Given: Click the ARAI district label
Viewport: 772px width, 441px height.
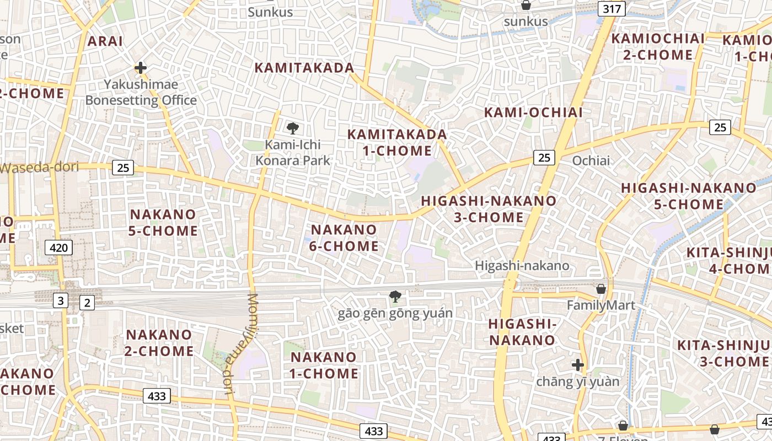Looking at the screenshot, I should click(x=105, y=41).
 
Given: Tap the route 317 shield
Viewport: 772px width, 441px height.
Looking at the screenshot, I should click(x=613, y=8).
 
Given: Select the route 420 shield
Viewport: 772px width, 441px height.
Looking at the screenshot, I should click(x=58, y=248).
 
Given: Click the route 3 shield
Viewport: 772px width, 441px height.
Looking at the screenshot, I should click(x=60, y=301).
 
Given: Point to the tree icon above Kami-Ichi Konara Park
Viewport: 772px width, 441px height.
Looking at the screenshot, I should click(x=293, y=129).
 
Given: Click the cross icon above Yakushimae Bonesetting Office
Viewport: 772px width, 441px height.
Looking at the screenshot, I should click(x=141, y=68).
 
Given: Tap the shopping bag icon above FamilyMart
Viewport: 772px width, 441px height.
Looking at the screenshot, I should click(x=601, y=289).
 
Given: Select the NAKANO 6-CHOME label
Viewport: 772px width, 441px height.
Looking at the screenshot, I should click(x=344, y=238).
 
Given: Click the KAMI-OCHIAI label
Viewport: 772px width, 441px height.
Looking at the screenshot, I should click(x=533, y=112).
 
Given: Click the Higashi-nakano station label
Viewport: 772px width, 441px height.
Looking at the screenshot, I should click(x=522, y=266).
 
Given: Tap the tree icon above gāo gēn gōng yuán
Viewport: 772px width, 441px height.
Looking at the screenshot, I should click(x=395, y=297).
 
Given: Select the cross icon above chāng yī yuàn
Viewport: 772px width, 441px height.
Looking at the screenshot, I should click(x=578, y=365).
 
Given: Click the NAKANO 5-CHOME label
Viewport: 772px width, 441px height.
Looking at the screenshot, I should click(x=163, y=222).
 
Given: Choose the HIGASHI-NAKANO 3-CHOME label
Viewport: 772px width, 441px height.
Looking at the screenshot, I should click(x=489, y=209).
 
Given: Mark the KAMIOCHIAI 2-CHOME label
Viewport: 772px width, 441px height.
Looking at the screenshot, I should click(x=658, y=47).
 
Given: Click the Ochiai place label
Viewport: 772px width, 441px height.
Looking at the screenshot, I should click(x=591, y=160).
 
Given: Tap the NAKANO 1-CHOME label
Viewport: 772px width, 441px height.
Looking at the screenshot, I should click(x=324, y=365).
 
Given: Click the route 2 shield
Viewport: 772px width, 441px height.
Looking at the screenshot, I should click(x=87, y=302).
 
